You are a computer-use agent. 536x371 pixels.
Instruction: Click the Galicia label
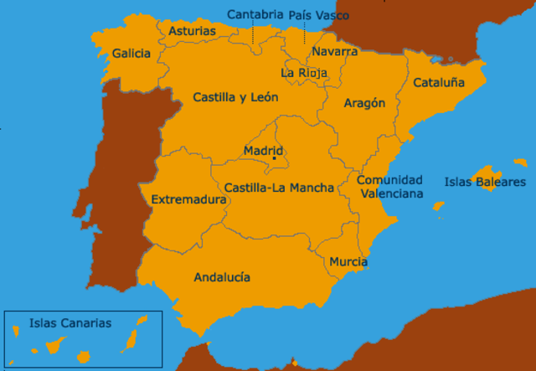pos(131,54)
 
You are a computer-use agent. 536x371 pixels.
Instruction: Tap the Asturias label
pos(192,32)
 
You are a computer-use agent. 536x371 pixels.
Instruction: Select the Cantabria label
pos(255,14)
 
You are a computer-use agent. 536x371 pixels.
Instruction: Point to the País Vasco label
pos(318,15)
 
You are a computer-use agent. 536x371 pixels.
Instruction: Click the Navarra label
pos(334,52)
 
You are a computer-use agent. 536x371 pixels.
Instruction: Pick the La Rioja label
pos(304,73)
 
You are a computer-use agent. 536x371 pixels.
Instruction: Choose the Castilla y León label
pos(235,98)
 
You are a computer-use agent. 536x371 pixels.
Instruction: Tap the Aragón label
pos(364,103)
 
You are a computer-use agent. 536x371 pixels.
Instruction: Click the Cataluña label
pos(436,83)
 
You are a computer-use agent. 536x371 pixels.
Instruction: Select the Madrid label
pos(263,151)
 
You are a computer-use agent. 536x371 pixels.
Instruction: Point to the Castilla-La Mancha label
pos(279,188)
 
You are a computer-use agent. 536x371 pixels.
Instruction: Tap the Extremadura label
pos(188,200)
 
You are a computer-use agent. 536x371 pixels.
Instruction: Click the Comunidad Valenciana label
pos(389,186)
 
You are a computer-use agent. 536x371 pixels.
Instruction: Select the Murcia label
pos(348,262)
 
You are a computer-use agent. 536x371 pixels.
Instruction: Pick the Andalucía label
pos(222,277)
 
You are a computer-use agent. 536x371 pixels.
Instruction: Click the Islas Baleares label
pos(485,181)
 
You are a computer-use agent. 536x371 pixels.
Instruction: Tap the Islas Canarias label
pos(70,322)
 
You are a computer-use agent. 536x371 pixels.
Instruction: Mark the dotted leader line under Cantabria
pos(252,33)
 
